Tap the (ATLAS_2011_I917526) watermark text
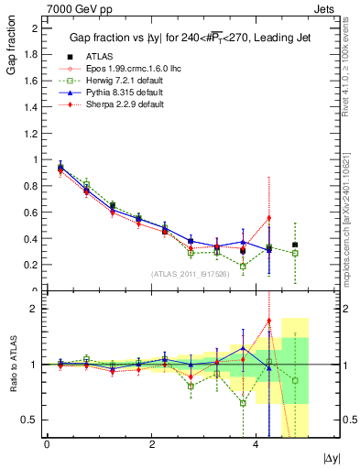pyautogui.click(x=191, y=273)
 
